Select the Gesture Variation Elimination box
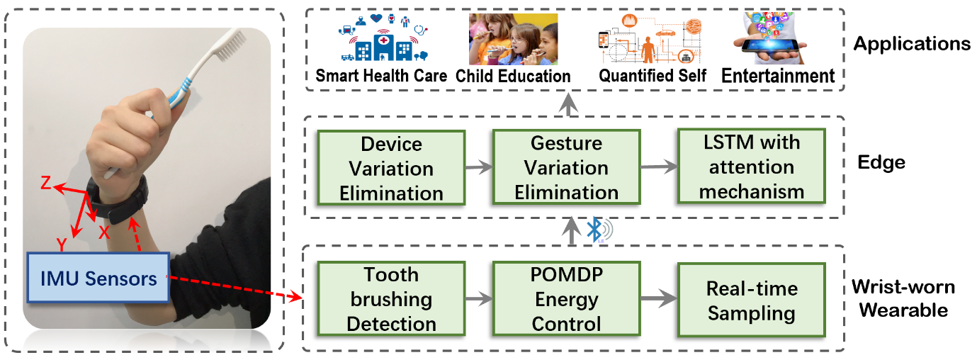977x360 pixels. [566, 168]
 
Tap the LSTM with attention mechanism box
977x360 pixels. [751, 167]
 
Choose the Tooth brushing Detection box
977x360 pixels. [391, 299]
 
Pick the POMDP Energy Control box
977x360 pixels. [567, 299]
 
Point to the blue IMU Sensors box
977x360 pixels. [97, 279]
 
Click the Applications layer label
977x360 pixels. [911, 44]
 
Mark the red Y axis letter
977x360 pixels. [62, 244]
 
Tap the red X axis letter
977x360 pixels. [104, 232]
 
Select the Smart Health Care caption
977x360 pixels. [381, 76]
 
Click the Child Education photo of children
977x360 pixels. [512, 40]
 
